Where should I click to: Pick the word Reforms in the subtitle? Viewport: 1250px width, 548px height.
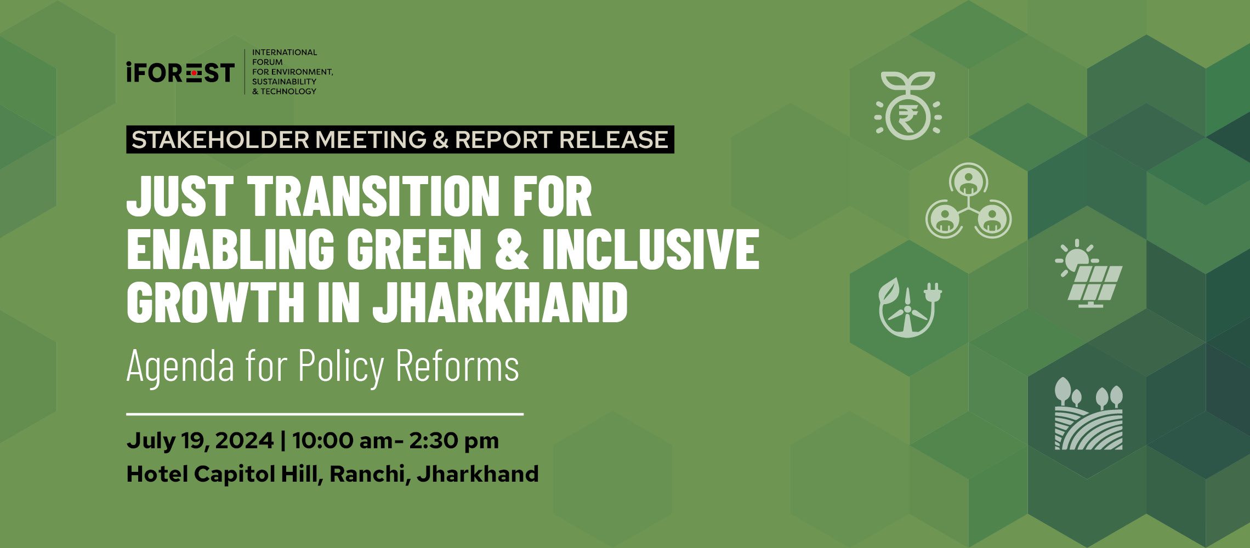pos(457,365)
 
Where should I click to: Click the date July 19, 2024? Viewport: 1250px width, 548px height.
pos(200,441)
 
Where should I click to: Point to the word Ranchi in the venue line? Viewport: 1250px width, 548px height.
pos(367,474)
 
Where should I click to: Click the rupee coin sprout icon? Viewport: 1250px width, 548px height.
pos(908,105)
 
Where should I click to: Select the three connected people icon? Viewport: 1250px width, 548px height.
pos(968,201)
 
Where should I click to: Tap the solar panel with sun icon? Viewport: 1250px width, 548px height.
pos(1089,274)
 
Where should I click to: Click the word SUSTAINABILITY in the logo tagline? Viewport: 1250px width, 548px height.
pos(284,82)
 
